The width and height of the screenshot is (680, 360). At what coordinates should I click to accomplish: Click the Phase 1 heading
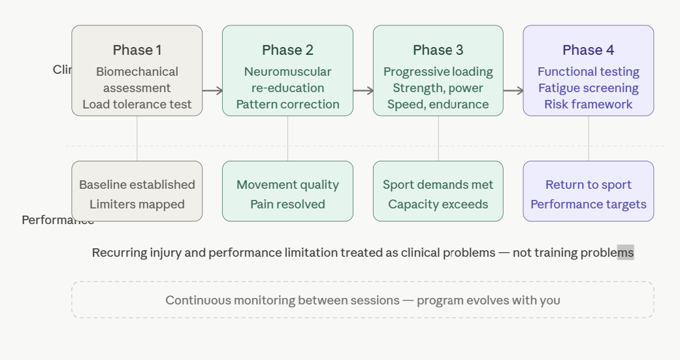[137, 50]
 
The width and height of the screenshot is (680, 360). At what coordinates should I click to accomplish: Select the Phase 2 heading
[287, 50]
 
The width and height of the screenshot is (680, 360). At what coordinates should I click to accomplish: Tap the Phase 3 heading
[438, 50]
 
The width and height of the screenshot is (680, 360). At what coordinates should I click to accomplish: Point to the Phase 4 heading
[589, 50]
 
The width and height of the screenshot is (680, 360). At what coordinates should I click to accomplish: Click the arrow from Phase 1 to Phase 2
[212, 91]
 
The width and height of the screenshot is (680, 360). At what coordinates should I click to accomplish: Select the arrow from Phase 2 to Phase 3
[363, 91]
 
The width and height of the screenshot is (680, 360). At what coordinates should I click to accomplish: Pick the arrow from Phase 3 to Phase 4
[513, 91]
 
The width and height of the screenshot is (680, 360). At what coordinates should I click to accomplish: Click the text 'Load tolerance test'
[137, 105]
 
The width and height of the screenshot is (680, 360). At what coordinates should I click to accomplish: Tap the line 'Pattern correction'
[287, 105]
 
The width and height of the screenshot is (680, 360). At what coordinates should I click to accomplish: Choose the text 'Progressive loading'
[438, 72]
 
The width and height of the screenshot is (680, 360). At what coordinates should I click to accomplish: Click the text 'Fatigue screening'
[589, 88]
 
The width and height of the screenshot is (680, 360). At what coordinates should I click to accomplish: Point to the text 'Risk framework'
[589, 105]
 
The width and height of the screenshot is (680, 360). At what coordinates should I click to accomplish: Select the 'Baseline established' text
[137, 185]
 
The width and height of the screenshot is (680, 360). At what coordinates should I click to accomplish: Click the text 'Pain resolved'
[287, 205]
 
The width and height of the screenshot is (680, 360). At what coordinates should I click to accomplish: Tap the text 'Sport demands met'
[438, 185]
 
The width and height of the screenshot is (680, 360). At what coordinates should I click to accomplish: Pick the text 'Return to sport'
[589, 185]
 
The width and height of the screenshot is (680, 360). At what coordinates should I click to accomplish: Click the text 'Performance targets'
[589, 205]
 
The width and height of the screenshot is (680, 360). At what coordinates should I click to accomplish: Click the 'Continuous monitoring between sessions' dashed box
[363, 300]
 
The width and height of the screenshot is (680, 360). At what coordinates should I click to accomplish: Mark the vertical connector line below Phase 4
[589, 139]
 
